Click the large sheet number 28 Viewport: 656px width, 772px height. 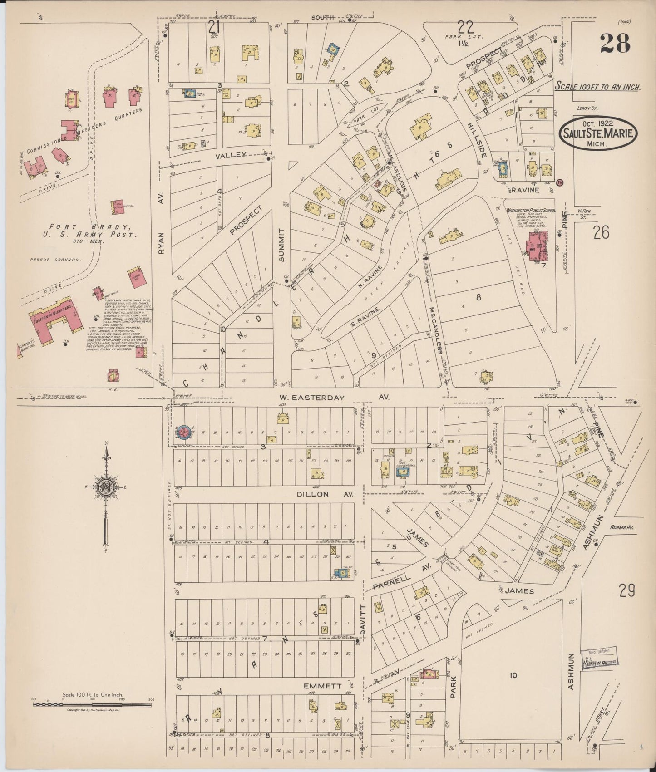[x=615, y=44]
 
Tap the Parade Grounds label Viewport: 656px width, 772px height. [x=56, y=260]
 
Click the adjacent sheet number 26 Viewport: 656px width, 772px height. [x=601, y=232]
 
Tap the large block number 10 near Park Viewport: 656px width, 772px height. [x=513, y=675]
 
